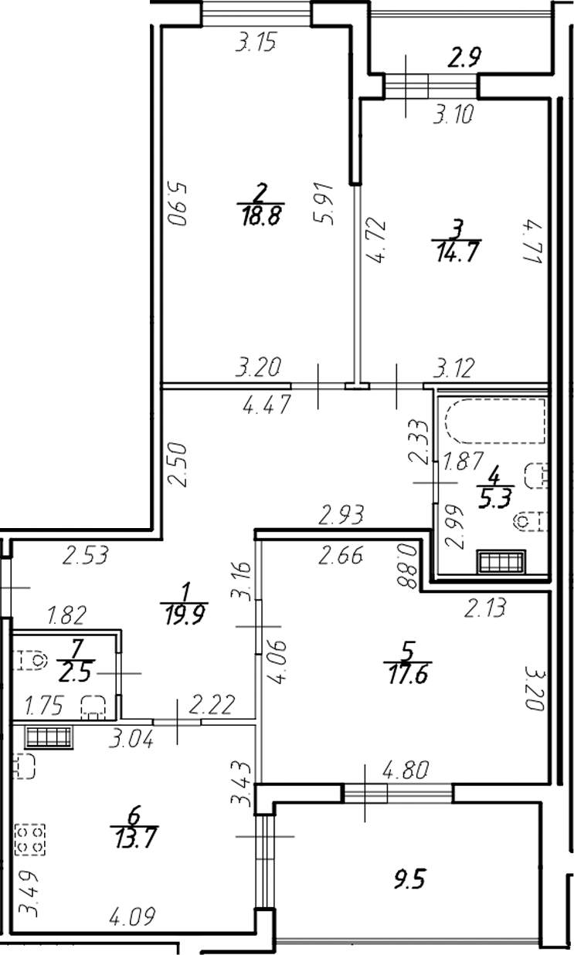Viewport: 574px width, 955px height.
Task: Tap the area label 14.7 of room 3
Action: (x=456, y=251)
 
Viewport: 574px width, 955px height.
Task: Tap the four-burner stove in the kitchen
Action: (x=30, y=839)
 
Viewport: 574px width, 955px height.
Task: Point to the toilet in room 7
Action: (x=32, y=662)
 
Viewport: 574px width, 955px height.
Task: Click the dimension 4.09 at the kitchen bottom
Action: (x=132, y=919)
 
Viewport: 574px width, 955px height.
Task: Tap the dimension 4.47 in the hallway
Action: (x=266, y=405)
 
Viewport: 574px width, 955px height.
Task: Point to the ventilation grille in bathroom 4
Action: (x=501, y=561)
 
